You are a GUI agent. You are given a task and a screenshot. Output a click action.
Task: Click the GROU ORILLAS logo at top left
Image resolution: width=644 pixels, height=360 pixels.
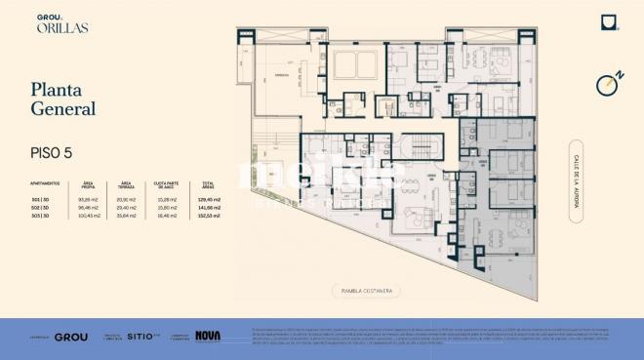tap(61, 23)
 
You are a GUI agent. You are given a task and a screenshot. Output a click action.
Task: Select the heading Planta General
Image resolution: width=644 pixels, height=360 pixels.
tap(62, 99)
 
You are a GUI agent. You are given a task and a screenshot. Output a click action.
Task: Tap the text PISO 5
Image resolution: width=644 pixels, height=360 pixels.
tap(52, 153)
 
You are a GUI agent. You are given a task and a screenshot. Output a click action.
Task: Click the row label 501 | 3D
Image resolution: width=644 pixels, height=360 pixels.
tap(41, 199)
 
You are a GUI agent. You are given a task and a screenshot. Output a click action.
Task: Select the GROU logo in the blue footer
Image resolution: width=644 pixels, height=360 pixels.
tap(71, 337)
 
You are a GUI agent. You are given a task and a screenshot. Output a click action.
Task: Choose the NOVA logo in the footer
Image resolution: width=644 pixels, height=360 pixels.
tap(208, 336)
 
